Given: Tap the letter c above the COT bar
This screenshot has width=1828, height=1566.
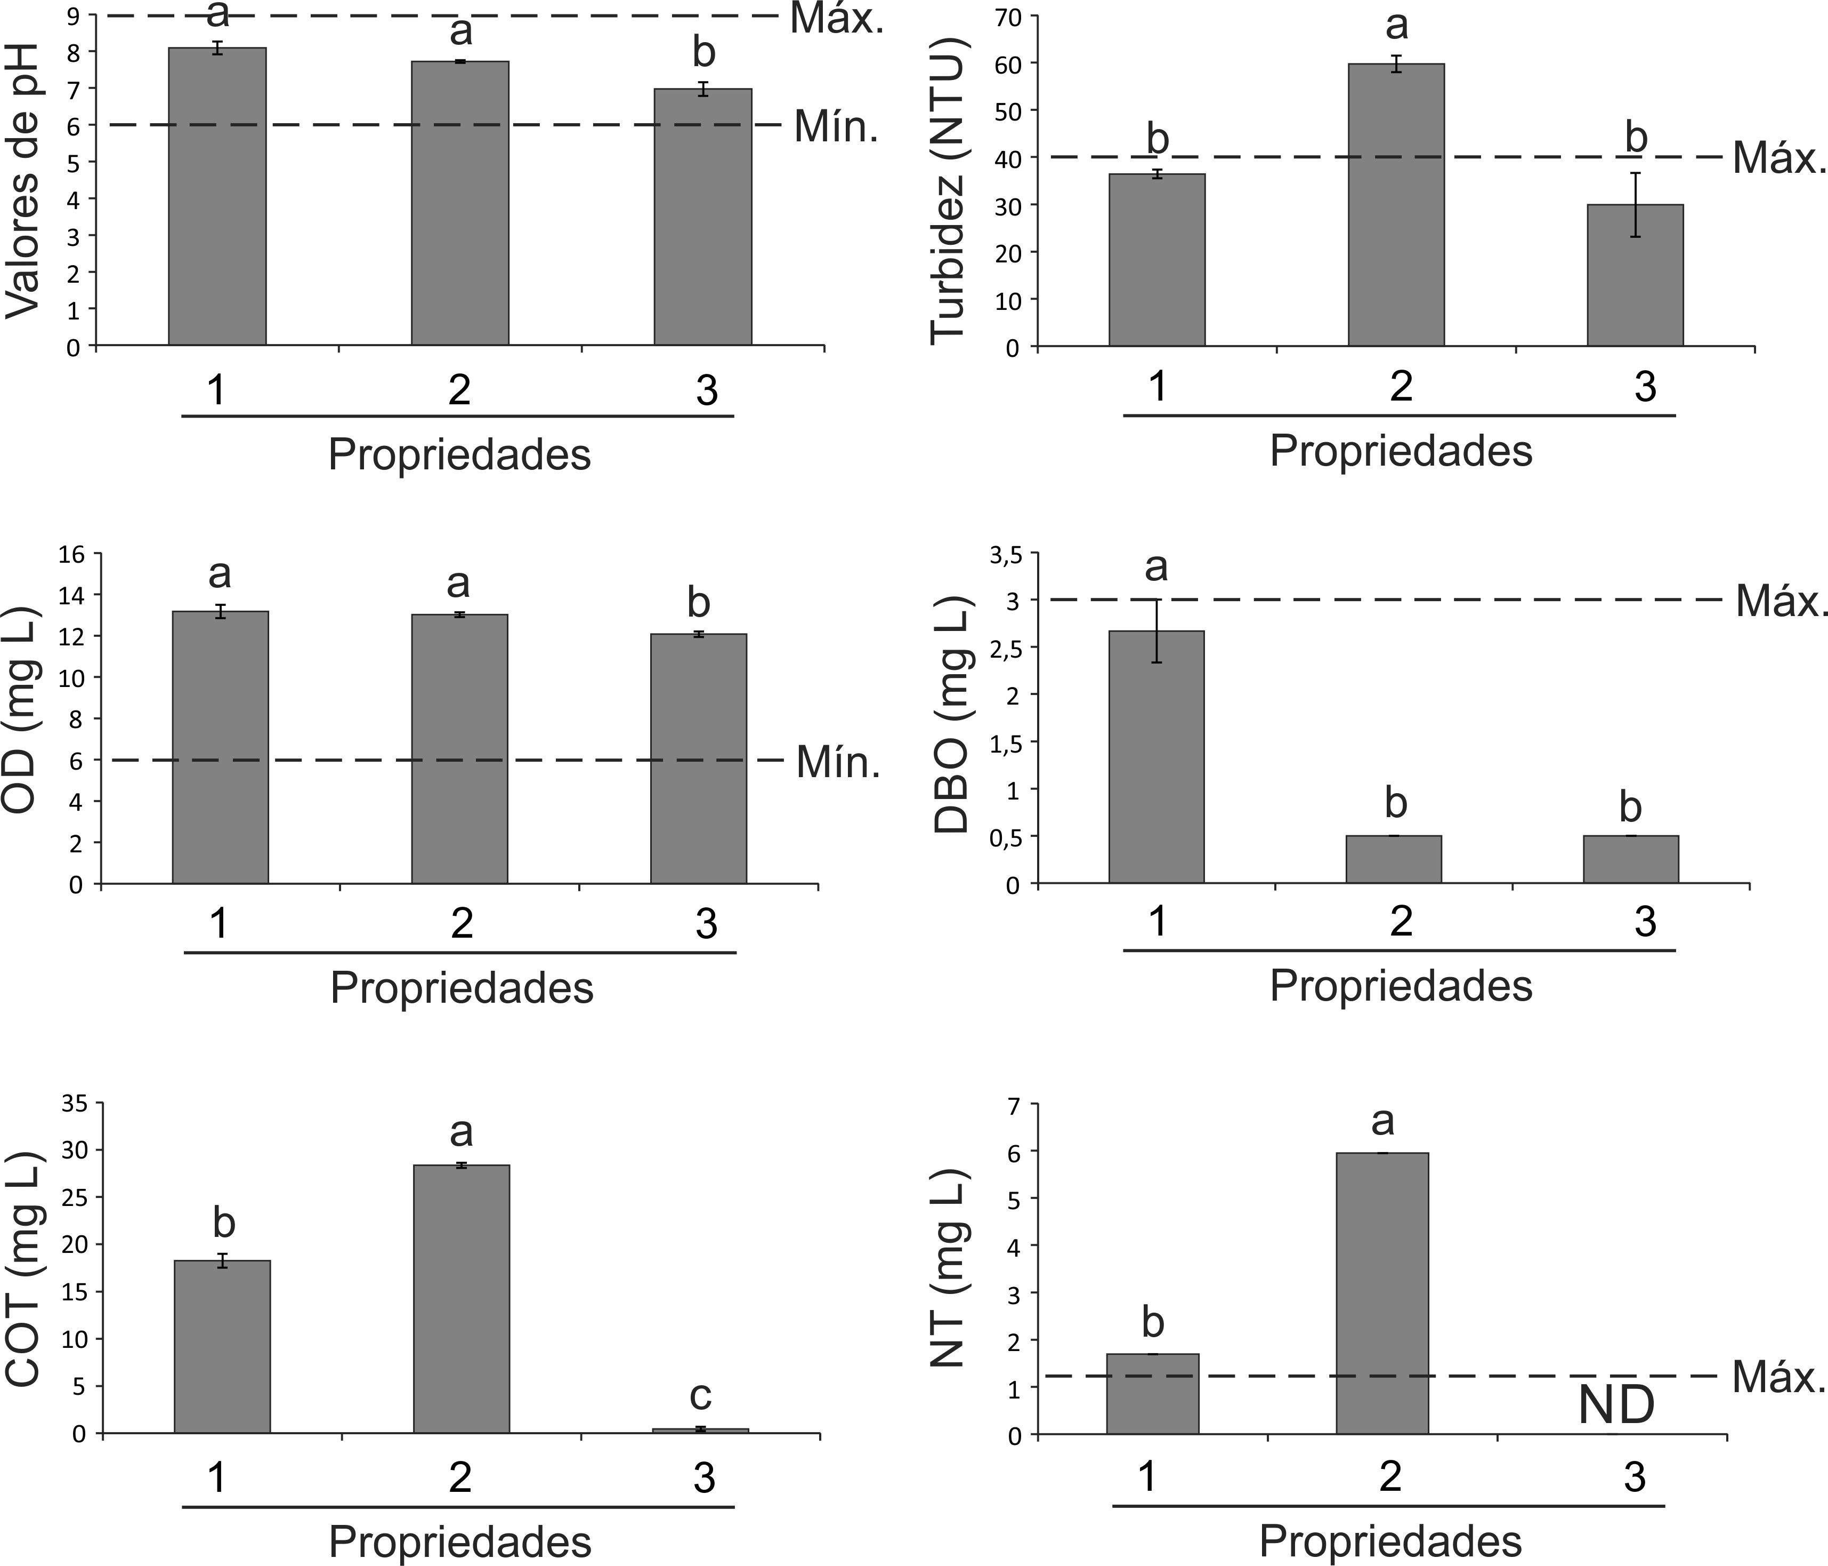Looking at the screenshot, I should (x=700, y=1396).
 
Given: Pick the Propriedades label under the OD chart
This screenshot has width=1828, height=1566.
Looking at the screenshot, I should (x=462, y=988).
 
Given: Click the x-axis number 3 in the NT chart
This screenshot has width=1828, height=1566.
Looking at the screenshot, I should (x=1634, y=1476).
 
